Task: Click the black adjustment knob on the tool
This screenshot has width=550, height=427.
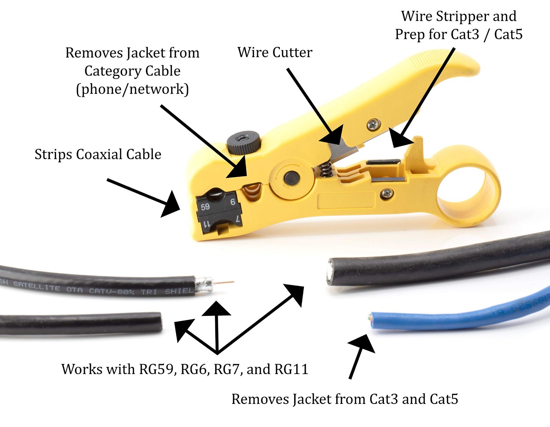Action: (x=243, y=142)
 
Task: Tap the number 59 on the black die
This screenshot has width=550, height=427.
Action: (x=205, y=206)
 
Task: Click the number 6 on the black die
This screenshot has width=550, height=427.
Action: (x=233, y=202)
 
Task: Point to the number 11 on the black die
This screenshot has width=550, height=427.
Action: (x=206, y=224)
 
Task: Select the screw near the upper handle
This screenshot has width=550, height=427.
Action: (x=374, y=124)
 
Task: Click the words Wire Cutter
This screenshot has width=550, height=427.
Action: (x=275, y=53)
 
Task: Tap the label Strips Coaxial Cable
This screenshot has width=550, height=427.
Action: (x=98, y=154)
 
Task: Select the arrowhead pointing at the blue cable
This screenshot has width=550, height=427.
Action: (x=363, y=343)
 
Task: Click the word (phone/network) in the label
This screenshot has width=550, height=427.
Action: (x=132, y=89)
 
